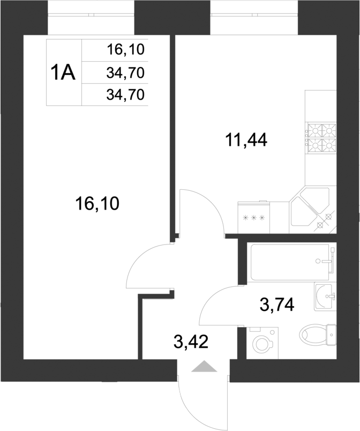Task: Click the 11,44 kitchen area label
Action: (x=246, y=141)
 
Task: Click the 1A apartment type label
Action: (x=63, y=72)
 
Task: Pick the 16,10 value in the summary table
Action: (x=126, y=50)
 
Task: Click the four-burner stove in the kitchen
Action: (x=321, y=137)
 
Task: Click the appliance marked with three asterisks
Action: (x=255, y=218)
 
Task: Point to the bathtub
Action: (x=289, y=262)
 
